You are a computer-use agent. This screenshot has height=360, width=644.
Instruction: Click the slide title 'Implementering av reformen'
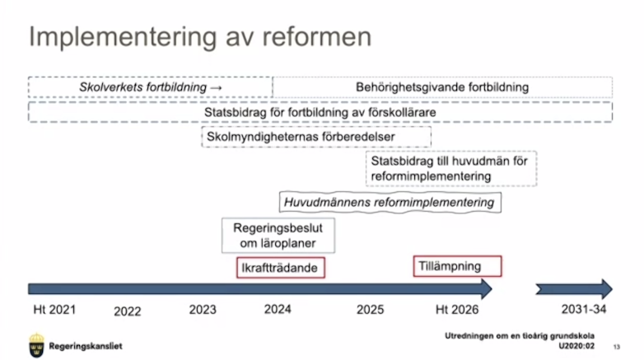pos(200,37)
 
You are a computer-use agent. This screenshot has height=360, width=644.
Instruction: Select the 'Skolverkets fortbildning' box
pos(151,87)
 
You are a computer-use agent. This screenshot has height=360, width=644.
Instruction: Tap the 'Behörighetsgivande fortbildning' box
pos(442,87)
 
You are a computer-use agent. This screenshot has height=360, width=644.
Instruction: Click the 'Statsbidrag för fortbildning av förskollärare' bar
pos(320,112)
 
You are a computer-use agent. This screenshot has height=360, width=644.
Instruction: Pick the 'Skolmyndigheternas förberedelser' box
pos(316,137)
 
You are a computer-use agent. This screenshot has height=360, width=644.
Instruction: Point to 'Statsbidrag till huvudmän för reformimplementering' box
pos(451,169)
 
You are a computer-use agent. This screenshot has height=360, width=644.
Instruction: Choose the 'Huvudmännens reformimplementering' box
pos(390,202)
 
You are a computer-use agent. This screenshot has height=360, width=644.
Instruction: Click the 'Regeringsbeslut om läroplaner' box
pos(278,236)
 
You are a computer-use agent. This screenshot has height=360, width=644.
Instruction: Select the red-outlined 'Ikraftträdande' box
pos(281,268)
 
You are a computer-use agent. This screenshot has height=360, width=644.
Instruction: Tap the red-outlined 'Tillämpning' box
pos(457,266)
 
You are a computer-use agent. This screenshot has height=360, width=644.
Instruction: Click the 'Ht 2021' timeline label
pos(54,310)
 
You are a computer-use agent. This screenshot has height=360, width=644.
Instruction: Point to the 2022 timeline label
pos(128,311)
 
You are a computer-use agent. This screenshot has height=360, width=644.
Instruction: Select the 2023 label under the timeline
pos(203,310)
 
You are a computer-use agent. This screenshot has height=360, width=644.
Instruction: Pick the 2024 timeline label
pos(278,309)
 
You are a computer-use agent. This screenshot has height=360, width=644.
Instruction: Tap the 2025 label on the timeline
pos(370,310)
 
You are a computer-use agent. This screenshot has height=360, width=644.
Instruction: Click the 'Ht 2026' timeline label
pos(457,310)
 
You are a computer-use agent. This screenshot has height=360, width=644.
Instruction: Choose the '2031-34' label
pos(584,309)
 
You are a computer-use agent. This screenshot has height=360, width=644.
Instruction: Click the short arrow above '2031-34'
pos(574,289)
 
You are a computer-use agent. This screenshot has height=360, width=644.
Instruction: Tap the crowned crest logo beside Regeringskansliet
pos(36,345)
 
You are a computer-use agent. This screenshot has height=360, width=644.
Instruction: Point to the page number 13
pos(617,348)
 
